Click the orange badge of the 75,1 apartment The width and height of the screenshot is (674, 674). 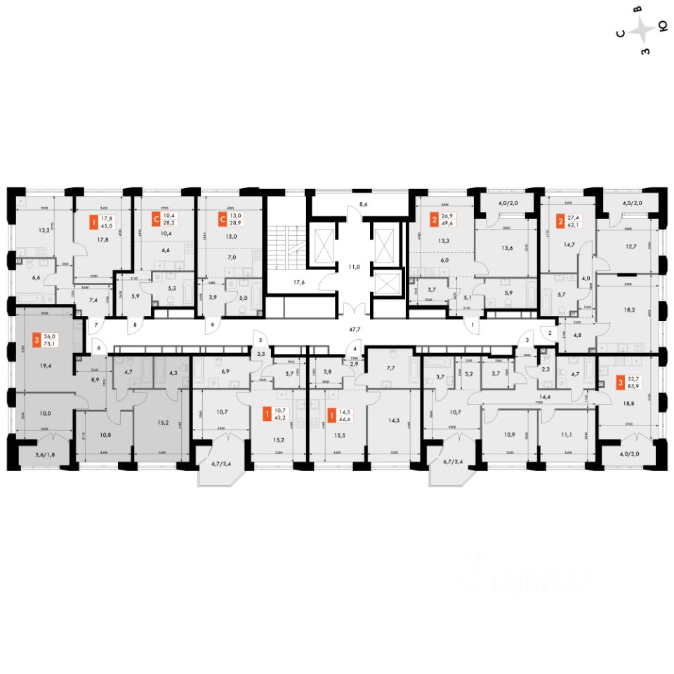pos(37,341)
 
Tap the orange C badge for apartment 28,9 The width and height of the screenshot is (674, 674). pos(223,218)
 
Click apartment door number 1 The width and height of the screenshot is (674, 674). pos(473,325)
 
